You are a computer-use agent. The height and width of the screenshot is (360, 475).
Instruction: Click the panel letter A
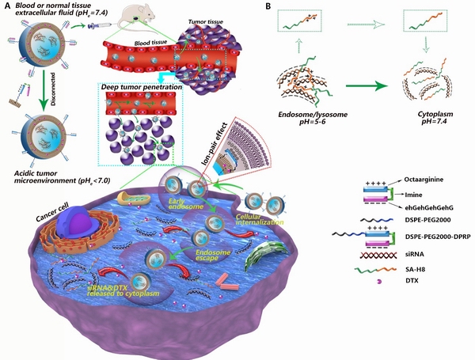click(x=6, y=6)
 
